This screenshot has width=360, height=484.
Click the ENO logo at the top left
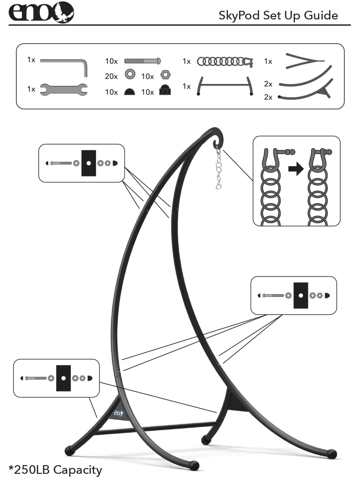pos(41,12)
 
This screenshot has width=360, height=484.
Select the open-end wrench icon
pos(64,89)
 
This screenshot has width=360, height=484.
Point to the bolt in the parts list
pos(142,61)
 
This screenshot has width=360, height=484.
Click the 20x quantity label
pos(111,76)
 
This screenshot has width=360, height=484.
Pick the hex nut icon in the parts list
pos(166,75)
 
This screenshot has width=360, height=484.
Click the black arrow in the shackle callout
pos(296,169)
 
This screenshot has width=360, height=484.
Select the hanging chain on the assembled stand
pos(219,168)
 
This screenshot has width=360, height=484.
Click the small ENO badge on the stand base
pos(119,413)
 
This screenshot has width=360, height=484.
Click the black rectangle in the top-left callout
pos(89,163)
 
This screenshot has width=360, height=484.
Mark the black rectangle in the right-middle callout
pos(301,295)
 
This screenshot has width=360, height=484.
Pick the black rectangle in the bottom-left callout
pos(63,378)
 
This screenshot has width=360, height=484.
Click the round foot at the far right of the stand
pos(332,454)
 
